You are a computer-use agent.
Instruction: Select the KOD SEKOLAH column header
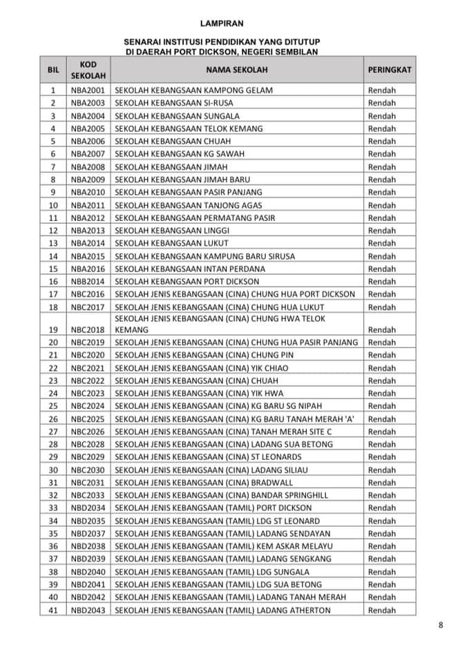click(x=88, y=70)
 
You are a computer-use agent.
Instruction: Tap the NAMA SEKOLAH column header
click(x=236, y=70)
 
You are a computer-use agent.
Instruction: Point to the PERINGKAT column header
click(x=390, y=70)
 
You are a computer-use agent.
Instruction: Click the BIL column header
click(x=53, y=70)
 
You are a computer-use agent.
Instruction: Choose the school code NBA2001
click(x=88, y=90)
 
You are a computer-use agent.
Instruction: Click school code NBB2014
click(x=88, y=281)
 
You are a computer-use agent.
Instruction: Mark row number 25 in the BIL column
click(x=53, y=406)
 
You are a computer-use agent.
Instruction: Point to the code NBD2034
click(x=88, y=508)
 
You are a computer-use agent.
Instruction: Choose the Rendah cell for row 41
click(x=382, y=610)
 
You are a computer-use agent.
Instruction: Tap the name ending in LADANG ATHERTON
click(x=222, y=610)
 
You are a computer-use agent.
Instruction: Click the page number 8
click(x=440, y=626)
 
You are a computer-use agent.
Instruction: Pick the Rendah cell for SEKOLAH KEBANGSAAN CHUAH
click(x=382, y=141)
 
